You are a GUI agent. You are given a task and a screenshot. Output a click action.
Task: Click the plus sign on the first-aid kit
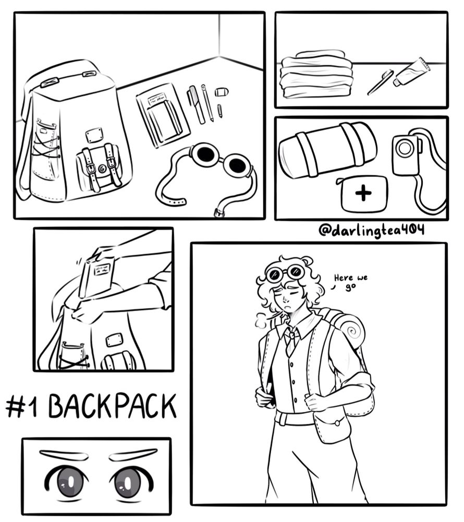[x=363, y=193]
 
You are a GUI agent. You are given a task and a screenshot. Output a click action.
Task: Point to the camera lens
[x=405, y=148]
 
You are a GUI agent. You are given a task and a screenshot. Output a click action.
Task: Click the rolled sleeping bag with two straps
[x=327, y=149]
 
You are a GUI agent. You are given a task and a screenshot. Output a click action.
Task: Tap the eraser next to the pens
[x=222, y=91]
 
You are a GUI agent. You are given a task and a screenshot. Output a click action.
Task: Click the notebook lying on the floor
[x=163, y=115]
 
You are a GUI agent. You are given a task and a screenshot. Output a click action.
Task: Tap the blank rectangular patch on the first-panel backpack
[x=93, y=136]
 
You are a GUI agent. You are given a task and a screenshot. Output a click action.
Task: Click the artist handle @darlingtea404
[x=371, y=230]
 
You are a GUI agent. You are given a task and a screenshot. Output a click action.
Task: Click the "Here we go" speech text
[x=350, y=282]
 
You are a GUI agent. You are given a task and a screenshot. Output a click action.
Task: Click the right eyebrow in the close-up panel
[x=133, y=455]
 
